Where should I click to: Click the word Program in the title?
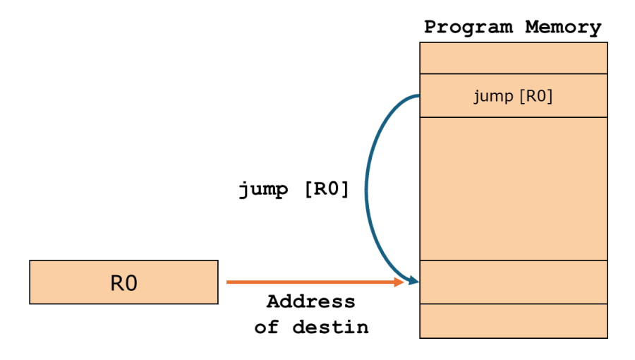[x=470, y=28]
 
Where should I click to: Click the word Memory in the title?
[x=563, y=28]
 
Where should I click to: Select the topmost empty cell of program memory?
[x=513, y=58]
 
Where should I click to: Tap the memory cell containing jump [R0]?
[x=513, y=95]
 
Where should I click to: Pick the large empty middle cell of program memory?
[x=513, y=188]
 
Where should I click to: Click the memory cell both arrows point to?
[x=513, y=282]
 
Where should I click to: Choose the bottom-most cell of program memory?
[x=513, y=320]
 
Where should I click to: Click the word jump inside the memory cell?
[x=493, y=96]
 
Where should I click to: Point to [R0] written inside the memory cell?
[x=536, y=96]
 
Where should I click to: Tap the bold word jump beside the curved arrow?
[x=262, y=190]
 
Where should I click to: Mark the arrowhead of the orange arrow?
[x=399, y=282]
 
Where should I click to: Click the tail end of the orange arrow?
[x=228, y=282]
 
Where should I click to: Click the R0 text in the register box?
[x=123, y=283]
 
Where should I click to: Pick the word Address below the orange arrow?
[x=311, y=302]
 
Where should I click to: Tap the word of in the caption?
[x=266, y=328]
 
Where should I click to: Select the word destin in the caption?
[x=330, y=328]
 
